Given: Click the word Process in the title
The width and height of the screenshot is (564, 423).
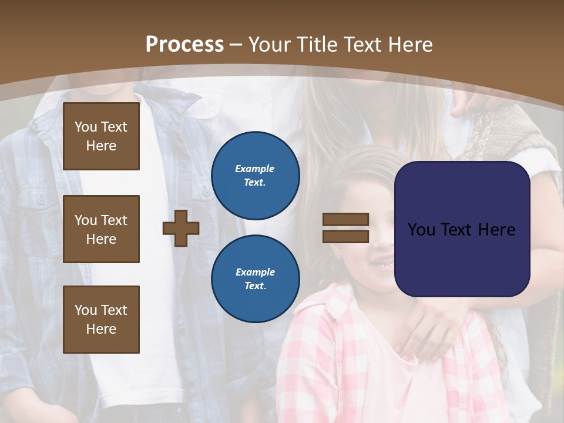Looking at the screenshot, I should point(184,44).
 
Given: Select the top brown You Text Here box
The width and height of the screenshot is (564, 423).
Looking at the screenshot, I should point(101,136).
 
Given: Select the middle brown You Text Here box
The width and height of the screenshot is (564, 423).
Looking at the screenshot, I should point(101,229).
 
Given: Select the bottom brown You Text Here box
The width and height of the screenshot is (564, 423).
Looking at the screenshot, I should point(101,320).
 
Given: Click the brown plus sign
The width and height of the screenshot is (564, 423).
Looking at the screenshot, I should point(181,228).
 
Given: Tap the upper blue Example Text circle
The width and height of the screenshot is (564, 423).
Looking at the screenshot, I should point(256,176).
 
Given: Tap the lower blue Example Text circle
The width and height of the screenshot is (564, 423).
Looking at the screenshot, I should point(256,279).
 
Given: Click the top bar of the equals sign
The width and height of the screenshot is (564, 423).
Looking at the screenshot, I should point(345,220).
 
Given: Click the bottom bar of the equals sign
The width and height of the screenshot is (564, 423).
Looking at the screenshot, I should point(345,237).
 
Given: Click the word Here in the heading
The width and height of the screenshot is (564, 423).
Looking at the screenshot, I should point(411,44).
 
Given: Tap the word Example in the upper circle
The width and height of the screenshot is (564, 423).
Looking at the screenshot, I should point(255,169).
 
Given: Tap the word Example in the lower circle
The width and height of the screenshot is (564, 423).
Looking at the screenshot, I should point(255,272).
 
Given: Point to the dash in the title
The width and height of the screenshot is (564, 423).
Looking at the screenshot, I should point(236,45).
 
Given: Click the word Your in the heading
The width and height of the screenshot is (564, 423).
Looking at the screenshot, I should point(269,44).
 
